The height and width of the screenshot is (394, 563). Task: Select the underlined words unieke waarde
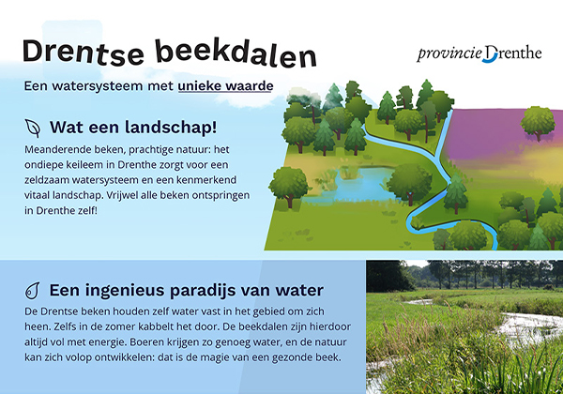[x=228, y=86]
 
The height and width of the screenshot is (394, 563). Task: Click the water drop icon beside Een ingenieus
[x=33, y=290]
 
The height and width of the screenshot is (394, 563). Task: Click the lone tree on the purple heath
[x=538, y=122]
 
